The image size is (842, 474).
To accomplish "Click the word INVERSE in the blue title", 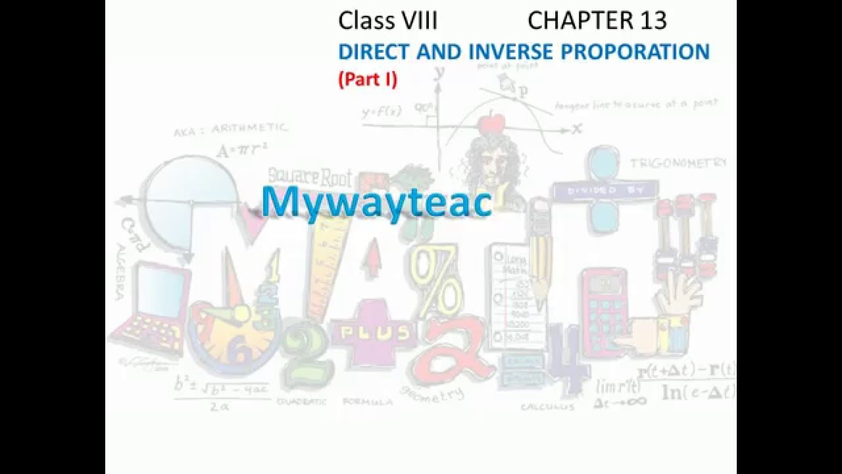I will pyautogui.click(x=512, y=51).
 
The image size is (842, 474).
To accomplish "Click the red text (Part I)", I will pyautogui.click(x=368, y=79).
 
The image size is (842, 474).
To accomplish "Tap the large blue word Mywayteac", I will pyautogui.click(x=376, y=202).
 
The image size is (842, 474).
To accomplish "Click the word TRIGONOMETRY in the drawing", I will pyautogui.click(x=678, y=163).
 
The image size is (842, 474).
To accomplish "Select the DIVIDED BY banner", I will pyautogui.click(x=605, y=190).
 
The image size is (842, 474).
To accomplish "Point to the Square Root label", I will pyautogui.click(x=310, y=176).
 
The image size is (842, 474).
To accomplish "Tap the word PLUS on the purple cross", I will pyautogui.click(x=373, y=332).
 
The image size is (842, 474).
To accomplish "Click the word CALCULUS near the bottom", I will pyautogui.click(x=547, y=407).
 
